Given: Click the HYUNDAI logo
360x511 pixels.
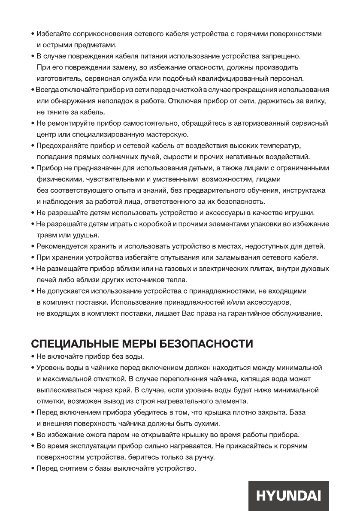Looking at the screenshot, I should (x=288, y=496).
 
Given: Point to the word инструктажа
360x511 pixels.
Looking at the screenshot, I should (x=301, y=190).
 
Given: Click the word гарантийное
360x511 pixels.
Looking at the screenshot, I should (x=246, y=313).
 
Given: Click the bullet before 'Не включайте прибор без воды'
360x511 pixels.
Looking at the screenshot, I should (x=33, y=357).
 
